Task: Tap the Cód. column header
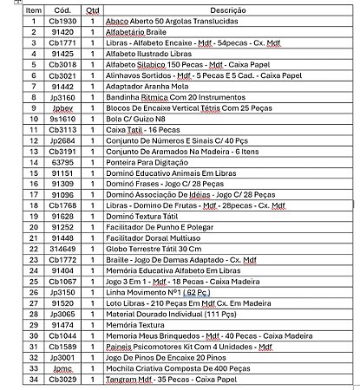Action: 62,9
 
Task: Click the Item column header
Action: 33,9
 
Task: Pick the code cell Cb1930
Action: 62,19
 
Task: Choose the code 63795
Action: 62,160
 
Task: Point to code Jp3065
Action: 62,312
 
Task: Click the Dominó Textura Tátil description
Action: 142,214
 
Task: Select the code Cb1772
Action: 62,257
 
